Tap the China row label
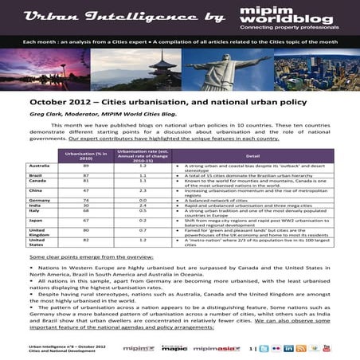click(x=36, y=190)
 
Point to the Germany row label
click(x=40, y=200)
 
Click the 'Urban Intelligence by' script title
click(x=111, y=15)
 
